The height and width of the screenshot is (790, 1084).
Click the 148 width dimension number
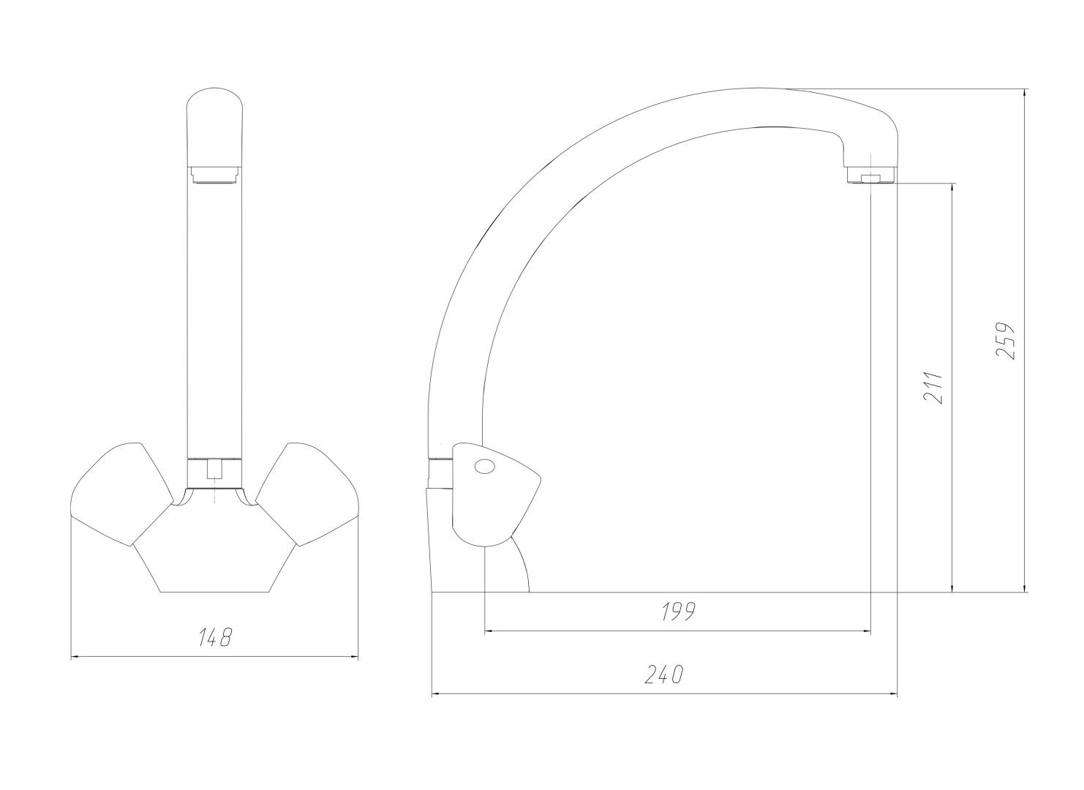pos(216,638)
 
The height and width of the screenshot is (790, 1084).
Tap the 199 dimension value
pos(678,612)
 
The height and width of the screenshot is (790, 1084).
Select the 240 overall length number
pos(664,674)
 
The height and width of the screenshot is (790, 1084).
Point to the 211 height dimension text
pos(933,388)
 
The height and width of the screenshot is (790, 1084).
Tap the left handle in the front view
pos(122,494)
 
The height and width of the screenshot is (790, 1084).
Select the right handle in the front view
pos(306,494)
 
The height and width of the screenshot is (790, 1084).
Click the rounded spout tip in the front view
pos(214,127)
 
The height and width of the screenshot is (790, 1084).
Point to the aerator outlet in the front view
pos(214,176)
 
